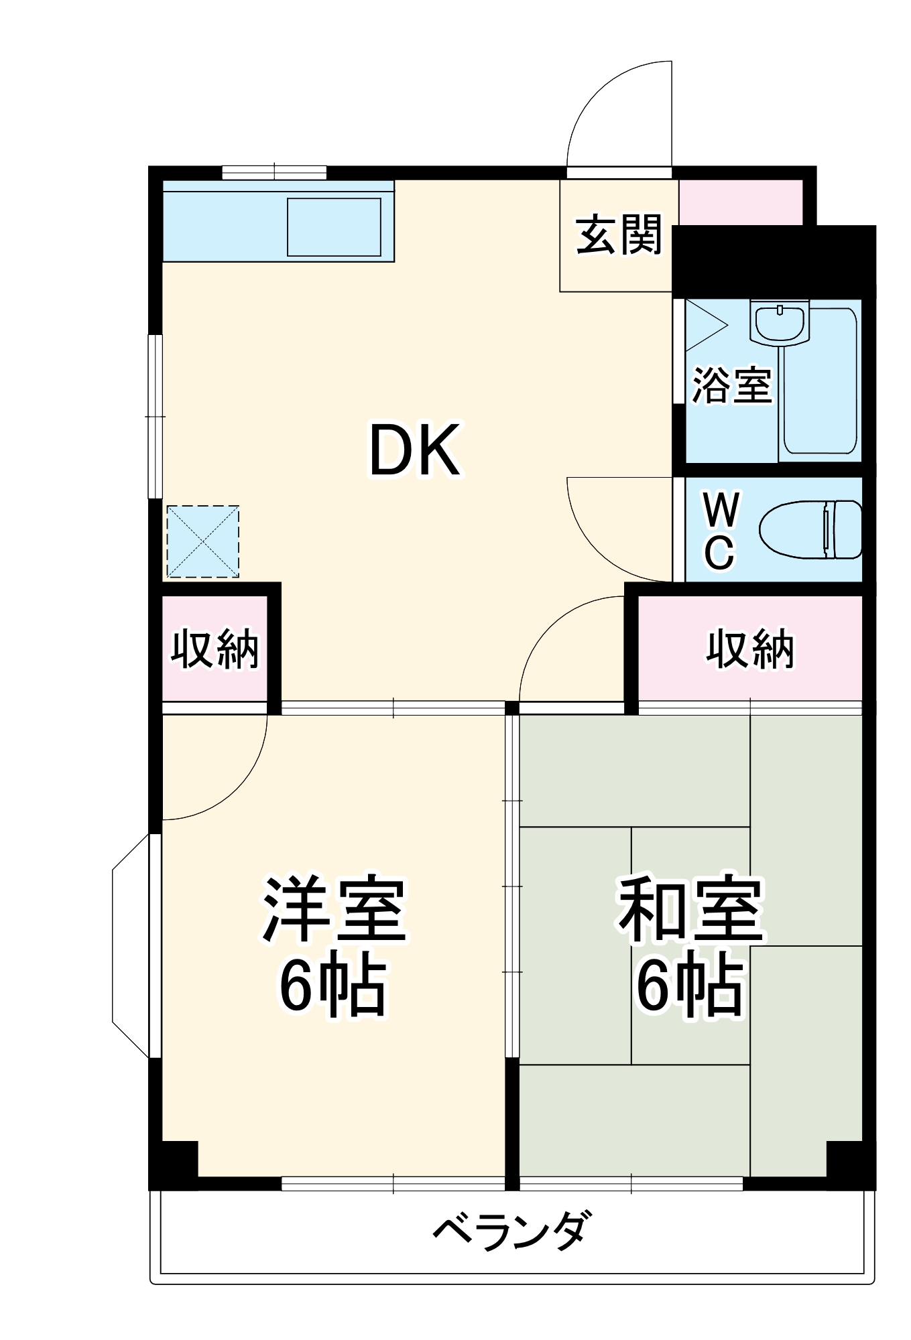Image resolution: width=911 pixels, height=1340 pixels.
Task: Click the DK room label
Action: (415, 450)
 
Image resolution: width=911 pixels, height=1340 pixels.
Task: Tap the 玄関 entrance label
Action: (618, 235)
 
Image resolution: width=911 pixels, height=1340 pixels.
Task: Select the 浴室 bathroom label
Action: (731, 386)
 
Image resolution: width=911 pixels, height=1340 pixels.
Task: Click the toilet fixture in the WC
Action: (811, 529)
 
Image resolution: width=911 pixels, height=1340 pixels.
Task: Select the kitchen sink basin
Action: (334, 226)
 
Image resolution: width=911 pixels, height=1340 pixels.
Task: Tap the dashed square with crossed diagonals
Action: (202, 541)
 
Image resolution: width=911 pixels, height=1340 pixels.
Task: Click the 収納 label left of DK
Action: (215, 648)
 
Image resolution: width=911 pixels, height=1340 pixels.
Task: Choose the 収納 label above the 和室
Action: (749, 648)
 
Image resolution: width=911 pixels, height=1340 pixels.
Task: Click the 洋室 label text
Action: (334, 910)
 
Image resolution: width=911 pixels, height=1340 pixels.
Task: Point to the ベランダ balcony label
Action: (512, 1230)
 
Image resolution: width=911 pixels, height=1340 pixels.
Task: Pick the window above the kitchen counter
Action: (274, 172)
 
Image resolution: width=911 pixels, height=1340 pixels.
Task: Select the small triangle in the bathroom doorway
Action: (703, 326)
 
